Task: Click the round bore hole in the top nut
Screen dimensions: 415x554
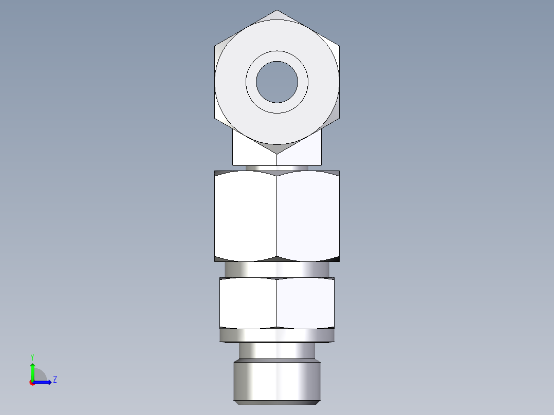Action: (x=277, y=82)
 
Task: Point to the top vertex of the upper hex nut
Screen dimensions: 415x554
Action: (x=277, y=11)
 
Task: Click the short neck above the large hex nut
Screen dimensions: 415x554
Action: (x=277, y=168)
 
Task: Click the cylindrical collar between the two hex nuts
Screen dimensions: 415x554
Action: (x=277, y=269)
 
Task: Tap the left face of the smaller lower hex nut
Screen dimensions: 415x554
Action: (x=248, y=303)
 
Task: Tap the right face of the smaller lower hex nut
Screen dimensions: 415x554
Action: (x=306, y=303)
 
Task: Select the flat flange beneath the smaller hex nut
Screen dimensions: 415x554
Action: (x=277, y=336)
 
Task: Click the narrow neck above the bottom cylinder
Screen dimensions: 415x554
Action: (x=277, y=351)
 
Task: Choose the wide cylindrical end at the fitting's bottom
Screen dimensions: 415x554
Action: (x=277, y=381)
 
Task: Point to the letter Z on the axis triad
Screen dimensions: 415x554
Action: (x=54, y=380)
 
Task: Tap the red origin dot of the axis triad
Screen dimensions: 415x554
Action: (x=32, y=383)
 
